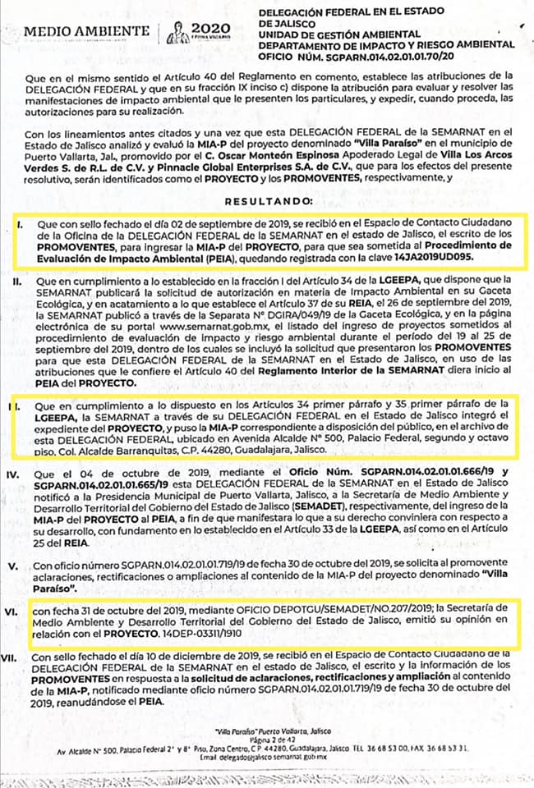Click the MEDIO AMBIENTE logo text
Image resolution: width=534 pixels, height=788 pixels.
(x=87, y=32)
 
